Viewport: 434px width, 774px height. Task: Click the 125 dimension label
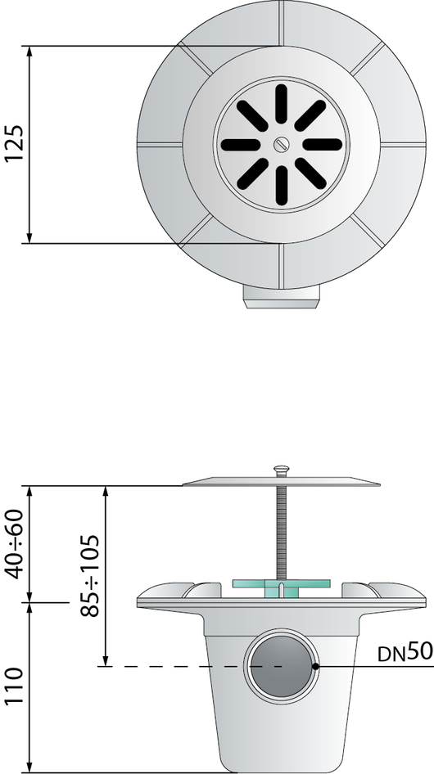pos(13,144)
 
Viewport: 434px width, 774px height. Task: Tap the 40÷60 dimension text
pos(13,543)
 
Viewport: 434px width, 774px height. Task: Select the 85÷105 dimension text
pos(90,575)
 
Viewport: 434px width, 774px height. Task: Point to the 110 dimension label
pos(13,687)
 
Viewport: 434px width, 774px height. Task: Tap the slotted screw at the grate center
pos(280,144)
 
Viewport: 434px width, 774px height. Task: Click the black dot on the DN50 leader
pos(315,666)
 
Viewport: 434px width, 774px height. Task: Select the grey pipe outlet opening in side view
pos(281,666)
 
